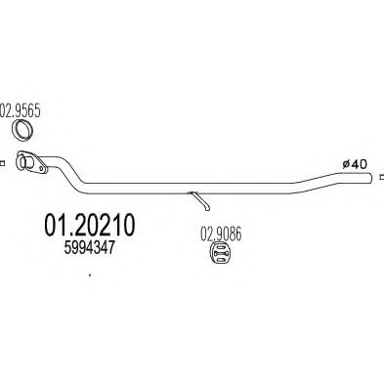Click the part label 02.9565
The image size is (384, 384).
click(x=21, y=109)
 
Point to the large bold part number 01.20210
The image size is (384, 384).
click(x=84, y=227)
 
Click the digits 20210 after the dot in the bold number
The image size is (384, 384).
click(x=100, y=227)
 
